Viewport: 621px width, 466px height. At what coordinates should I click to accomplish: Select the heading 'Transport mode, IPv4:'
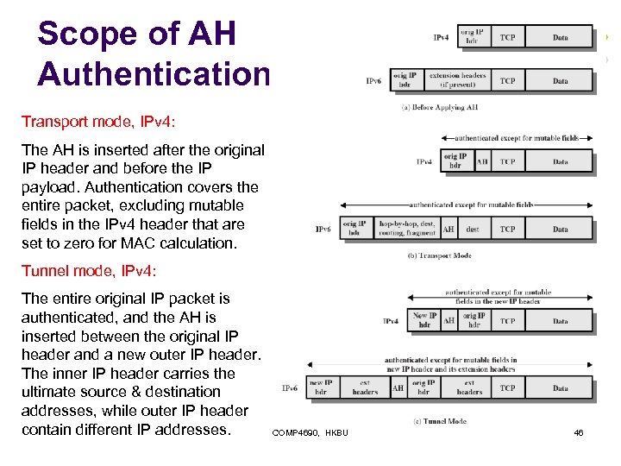coord(90,122)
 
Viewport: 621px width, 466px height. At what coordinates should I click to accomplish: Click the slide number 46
coord(578,432)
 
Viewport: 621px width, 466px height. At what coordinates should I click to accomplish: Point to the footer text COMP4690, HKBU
coord(310,432)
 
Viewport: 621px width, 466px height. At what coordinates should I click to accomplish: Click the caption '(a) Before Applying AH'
coord(440,107)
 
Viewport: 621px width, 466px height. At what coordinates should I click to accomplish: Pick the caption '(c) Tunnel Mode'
coord(440,421)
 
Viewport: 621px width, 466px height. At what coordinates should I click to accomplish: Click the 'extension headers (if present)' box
coord(457,80)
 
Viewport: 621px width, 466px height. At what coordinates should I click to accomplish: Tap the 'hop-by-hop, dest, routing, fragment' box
coord(407,229)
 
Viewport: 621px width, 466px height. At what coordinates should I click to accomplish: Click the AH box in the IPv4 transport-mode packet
coord(481,161)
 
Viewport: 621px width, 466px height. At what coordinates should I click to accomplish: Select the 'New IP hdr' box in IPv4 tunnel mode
coord(424,320)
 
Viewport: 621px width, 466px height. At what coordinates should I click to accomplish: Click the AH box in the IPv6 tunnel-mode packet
coord(398,388)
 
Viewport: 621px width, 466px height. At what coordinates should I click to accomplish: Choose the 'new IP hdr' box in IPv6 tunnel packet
coord(320,387)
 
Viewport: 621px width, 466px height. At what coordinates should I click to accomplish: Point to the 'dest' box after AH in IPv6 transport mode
coord(473,230)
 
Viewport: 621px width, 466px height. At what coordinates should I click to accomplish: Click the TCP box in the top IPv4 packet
coord(508,37)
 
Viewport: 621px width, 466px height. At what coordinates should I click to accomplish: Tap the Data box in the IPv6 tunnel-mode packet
coord(561,388)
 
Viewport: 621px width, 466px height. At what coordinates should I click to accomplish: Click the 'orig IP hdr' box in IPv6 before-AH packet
coord(405,80)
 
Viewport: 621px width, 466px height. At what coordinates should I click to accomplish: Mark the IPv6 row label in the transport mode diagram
coord(323,230)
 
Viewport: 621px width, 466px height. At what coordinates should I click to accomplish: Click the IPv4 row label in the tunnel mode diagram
coord(391,321)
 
